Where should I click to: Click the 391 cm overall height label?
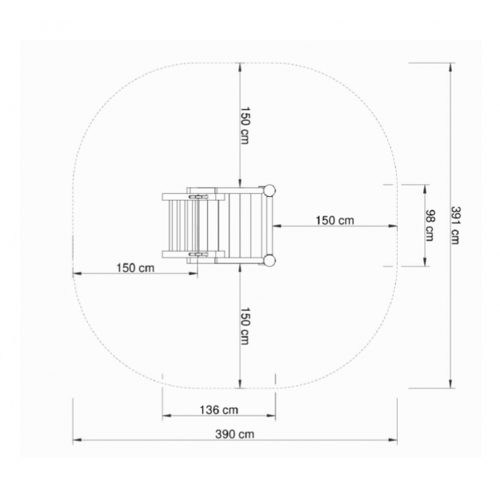[455, 225]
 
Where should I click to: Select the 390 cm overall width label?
[235, 434]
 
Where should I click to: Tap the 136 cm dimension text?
[219, 410]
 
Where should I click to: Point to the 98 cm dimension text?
[430, 225]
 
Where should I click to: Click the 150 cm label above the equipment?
[244, 126]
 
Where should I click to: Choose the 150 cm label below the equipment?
[244, 326]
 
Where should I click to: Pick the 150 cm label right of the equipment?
[335, 220]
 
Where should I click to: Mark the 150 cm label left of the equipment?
[135, 268]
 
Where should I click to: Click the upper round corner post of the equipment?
[269, 191]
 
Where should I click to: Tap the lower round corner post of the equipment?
[269, 260]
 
